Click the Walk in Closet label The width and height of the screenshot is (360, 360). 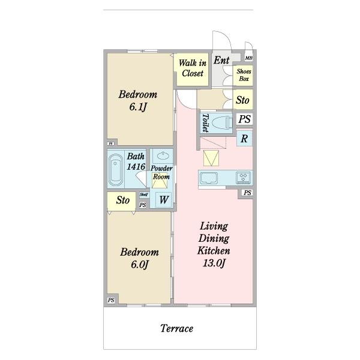coord(193,68)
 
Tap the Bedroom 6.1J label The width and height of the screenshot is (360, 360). coord(138,101)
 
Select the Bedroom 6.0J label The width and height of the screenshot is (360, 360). coord(139,258)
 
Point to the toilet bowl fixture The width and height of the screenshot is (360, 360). coord(221,123)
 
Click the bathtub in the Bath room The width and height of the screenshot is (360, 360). coord(116,170)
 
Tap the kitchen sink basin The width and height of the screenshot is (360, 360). coord(208,178)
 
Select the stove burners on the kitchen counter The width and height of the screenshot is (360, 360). coord(244,178)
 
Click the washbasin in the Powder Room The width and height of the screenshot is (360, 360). coord(163,156)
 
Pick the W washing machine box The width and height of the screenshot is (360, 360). coord(164,200)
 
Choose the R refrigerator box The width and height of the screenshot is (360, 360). coord(244,139)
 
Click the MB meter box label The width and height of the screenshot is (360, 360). coord(249,58)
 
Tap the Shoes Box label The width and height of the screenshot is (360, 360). coord(244,75)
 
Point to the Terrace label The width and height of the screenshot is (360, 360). coord(176,328)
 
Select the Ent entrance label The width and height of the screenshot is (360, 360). coord(221,60)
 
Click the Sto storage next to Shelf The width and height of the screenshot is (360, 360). coord(123,200)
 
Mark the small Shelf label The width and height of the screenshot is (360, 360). coord(144,194)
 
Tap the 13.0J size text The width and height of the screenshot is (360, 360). coord(214,263)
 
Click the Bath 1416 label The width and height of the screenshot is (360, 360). coord(136,161)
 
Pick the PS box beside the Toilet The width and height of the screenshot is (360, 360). coord(245,119)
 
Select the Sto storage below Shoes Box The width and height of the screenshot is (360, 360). coord(242,100)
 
